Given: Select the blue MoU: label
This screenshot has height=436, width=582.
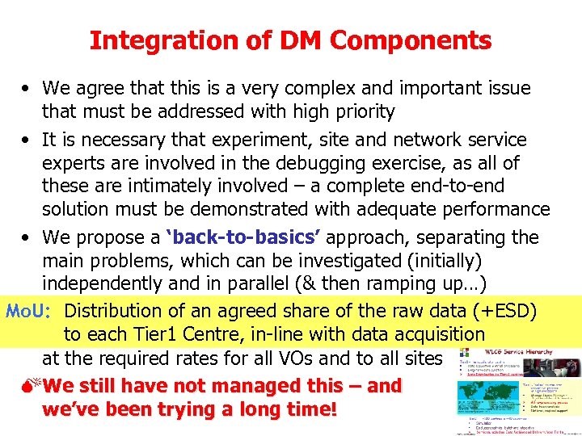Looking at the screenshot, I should (x=30, y=310).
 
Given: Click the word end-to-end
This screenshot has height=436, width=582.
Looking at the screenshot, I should (x=462, y=186).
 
